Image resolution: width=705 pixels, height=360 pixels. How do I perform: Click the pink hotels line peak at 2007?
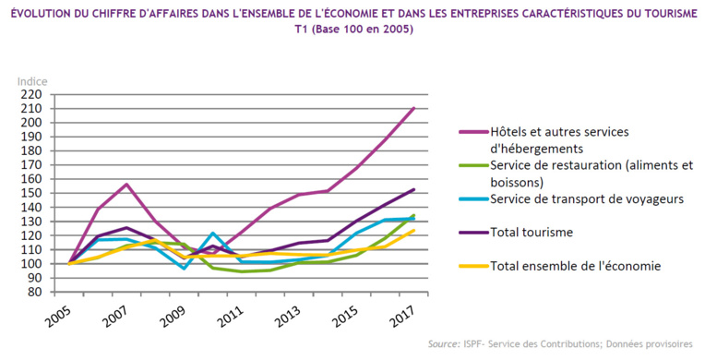pyautogui.click(x=125, y=184)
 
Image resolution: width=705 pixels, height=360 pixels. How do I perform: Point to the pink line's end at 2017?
pyautogui.click(x=413, y=108)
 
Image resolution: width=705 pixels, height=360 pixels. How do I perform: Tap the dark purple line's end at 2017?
pyautogui.click(x=413, y=189)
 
